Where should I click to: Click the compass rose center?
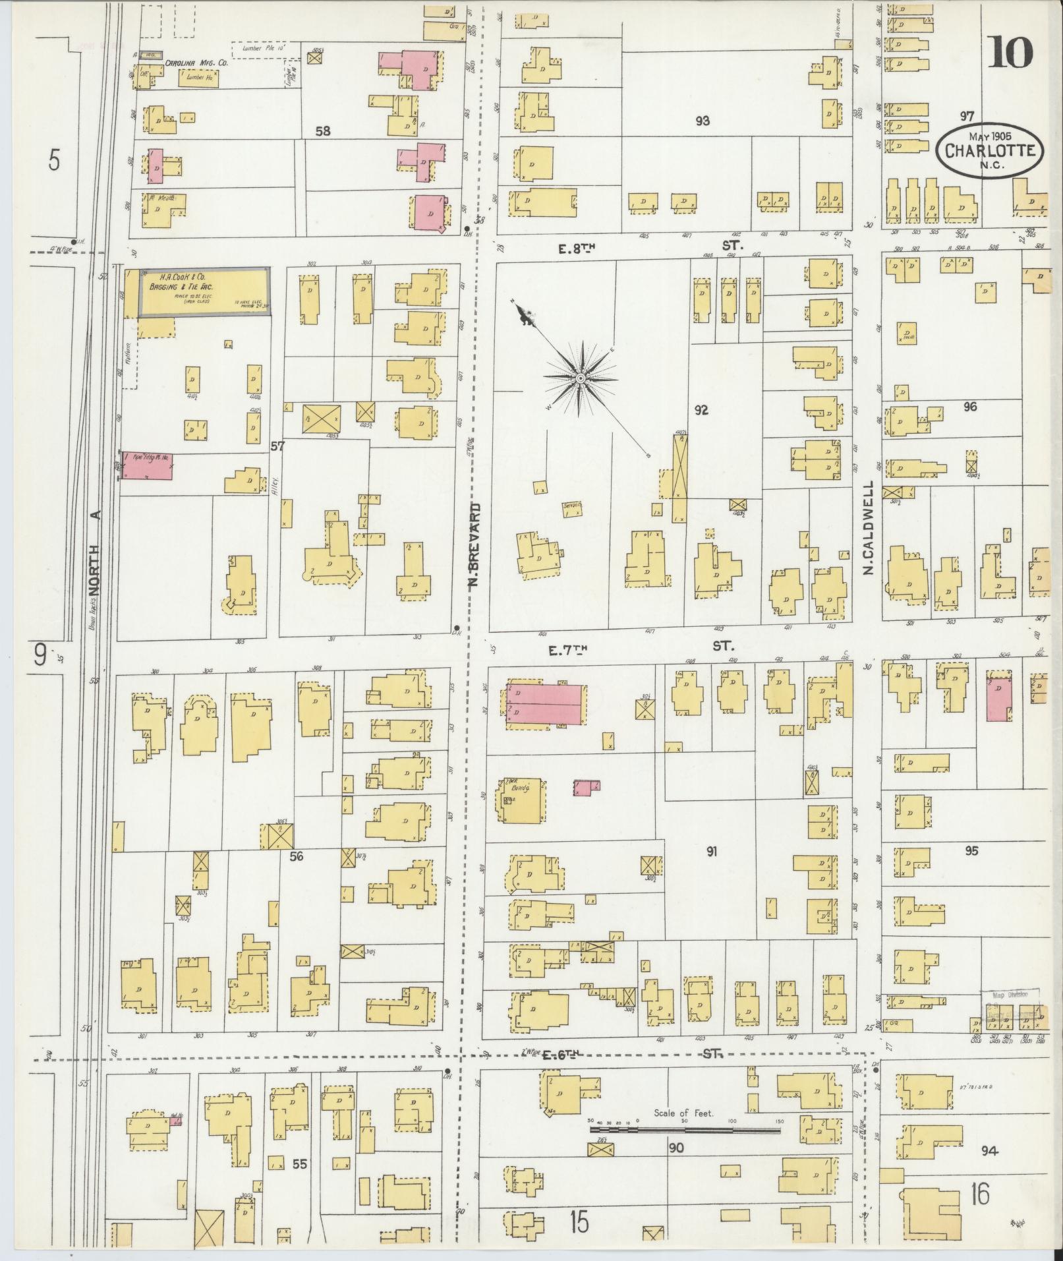click(x=581, y=378)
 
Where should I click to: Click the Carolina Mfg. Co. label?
click(x=196, y=63)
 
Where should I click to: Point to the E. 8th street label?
click(x=573, y=247)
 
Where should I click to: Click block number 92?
click(x=701, y=410)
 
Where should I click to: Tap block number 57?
click(x=277, y=446)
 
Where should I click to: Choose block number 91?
click(x=711, y=852)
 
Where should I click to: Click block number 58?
click(x=322, y=131)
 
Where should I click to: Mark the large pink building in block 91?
click(x=545, y=705)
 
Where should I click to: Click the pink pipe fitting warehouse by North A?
click(x=148, y=465)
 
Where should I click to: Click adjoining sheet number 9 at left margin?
click(x=40, y=655)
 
